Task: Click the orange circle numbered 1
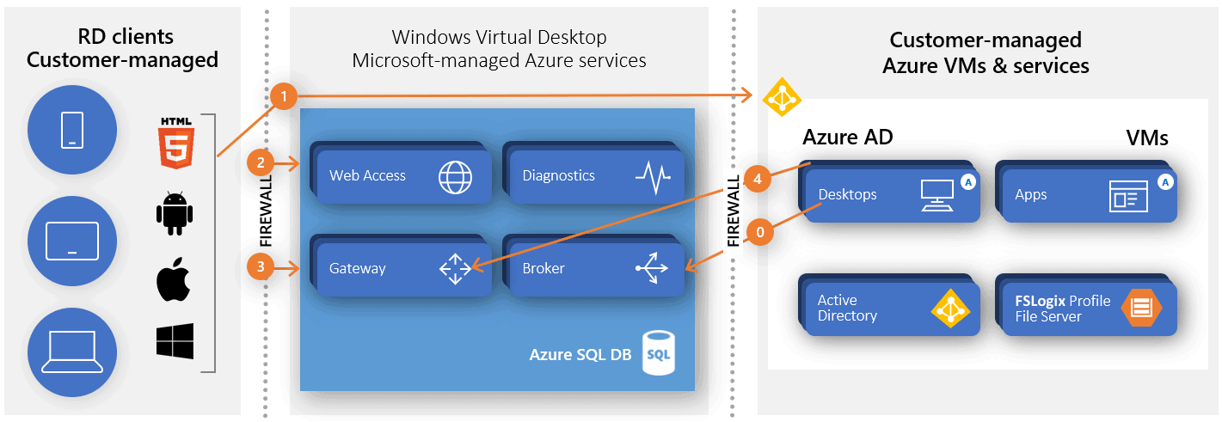coord(283,96)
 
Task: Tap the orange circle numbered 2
coord(260,162)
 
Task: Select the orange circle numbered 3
coord(260,268)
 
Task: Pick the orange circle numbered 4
coord(757,180)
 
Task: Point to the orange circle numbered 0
coord(757,231)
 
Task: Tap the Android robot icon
coord(175,213)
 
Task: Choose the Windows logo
coord(175,341)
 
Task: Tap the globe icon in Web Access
coord(455,176)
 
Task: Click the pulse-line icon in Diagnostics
coord(653,176)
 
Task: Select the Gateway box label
coord(358,268)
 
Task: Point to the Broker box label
coord(543,268)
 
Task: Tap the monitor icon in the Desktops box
coord(936,195)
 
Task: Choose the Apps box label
coord(1030,194)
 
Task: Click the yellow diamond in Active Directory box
coord(949,308)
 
